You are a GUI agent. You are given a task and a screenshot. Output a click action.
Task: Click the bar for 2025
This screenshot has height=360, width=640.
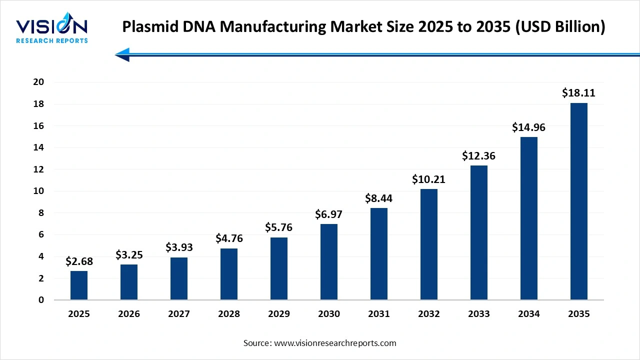tap(79, 285)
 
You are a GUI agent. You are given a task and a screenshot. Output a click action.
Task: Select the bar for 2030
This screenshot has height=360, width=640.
tap(329, 262)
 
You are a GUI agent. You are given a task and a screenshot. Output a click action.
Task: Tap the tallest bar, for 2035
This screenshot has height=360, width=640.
tap(579, 201)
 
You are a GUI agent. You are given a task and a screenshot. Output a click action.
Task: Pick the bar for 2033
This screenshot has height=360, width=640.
tap(479, 232)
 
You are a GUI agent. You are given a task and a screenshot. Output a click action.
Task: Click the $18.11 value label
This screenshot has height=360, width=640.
tap(578, 93)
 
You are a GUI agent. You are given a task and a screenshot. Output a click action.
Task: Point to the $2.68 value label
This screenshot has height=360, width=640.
tap(79, 261)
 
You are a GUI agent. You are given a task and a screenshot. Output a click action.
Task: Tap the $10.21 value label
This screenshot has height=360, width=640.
tap(428, 179)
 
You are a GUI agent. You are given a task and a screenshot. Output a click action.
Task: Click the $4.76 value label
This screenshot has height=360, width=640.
tap(229, 238)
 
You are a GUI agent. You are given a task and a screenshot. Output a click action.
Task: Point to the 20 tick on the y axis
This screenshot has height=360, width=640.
tap(38, 82)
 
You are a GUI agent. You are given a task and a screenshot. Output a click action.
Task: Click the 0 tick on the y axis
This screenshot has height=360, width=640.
tap(41, 300)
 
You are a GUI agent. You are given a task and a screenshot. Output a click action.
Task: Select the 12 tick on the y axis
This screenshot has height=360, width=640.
tap(38, 169)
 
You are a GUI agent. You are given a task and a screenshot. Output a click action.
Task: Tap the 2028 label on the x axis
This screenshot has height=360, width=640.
tap(229, 314)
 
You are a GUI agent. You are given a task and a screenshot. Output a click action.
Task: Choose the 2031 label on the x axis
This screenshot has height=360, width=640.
tap(379, 314)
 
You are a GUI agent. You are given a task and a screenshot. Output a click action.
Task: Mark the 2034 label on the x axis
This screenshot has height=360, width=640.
tap(529, 314)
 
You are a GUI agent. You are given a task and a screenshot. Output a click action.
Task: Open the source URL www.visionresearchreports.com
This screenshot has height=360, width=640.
tap(335, 343)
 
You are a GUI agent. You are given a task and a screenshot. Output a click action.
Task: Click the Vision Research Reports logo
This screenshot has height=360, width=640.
tap(51, 30)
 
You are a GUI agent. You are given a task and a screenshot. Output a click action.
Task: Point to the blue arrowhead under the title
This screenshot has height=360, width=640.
tap(122, 54)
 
